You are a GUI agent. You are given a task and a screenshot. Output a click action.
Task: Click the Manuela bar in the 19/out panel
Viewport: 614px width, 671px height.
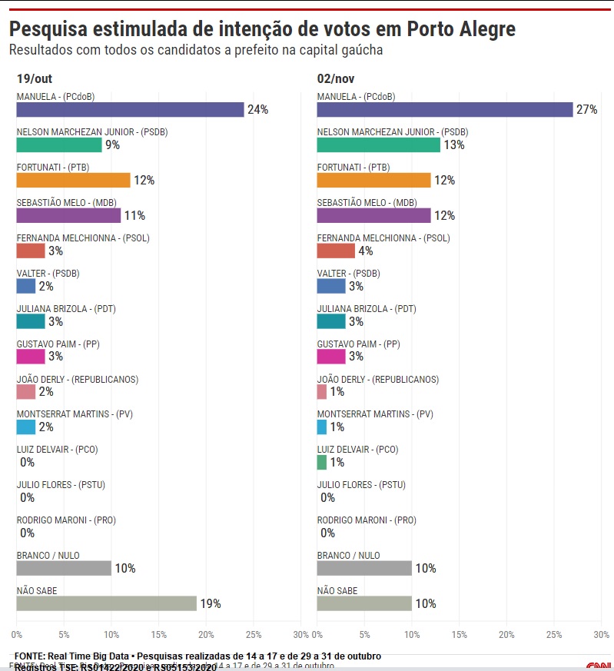click(x=130, y=110)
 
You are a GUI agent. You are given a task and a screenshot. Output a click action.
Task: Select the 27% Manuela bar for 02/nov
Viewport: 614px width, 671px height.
click(x=445, y=110)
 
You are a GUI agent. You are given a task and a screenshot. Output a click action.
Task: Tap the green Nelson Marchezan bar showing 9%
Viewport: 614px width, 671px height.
click(x=59, y=145)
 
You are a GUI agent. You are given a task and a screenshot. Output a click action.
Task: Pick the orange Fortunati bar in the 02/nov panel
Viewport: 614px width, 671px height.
click(x=373, y=181)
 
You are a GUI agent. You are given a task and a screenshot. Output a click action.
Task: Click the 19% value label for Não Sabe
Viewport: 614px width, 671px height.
click(x=211, y=604)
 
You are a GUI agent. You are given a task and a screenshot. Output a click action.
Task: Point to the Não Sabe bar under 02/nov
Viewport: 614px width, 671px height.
click(x=364, y=604)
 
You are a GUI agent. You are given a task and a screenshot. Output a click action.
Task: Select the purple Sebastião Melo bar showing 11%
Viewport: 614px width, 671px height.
click(x=68, y=216)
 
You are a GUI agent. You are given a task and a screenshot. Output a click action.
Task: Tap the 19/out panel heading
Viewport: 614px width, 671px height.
click(x=35, y=78)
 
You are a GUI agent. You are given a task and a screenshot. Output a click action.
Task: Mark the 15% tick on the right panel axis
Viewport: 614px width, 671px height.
click(x=460, y=635)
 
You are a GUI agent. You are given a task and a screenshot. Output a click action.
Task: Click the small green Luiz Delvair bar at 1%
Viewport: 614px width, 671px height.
click(x=322, y=463)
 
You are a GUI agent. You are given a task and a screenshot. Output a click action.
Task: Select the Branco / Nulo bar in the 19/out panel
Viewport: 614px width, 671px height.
click(x=64, y=569)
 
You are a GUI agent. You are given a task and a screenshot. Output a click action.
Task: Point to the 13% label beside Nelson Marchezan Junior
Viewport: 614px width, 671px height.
click(x=454, y=145)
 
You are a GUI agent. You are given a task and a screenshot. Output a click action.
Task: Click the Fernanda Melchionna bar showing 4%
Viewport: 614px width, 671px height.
click(x=336, y=251)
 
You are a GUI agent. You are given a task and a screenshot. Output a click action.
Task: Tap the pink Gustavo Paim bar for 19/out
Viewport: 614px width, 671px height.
click(x=31, y=357)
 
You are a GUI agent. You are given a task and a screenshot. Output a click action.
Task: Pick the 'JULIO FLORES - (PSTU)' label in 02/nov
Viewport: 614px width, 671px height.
click(x=361, y=485)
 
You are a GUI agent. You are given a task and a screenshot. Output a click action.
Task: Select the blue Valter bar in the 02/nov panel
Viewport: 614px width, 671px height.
click(x=331, y=287)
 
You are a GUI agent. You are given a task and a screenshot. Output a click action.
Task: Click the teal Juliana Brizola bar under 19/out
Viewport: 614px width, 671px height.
click(x=31, y=322)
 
